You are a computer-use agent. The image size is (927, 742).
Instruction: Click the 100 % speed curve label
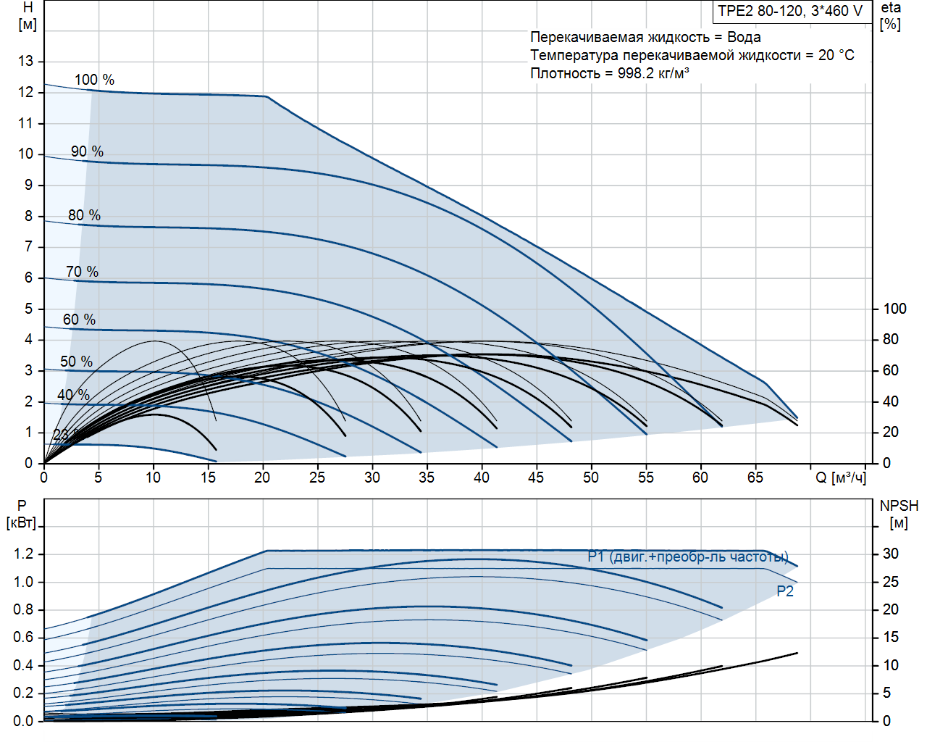click(x=94, y=80)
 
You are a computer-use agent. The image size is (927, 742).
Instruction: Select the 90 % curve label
click(x=87, y=151)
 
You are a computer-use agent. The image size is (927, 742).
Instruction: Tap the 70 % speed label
click(x=82, y=272)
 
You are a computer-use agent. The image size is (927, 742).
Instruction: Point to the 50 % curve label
click(x=76, y=362)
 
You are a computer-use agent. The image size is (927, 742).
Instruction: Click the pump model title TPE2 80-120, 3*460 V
click(x=790, y=11)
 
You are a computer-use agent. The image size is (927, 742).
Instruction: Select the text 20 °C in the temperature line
click(x=836, y=55)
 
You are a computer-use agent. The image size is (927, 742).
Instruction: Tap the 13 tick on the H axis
click(x=26, y=61)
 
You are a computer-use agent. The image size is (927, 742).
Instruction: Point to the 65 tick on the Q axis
click(x=755, y=478)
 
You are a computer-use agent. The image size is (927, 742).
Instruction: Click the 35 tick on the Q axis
click(x=427, y=478)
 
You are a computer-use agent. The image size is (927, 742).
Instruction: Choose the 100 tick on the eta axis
click(x=894, y=309)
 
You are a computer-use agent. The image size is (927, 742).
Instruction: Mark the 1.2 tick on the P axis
click(x=23, y=554)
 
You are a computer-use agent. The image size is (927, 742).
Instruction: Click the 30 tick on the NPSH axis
click(x=890, y=554)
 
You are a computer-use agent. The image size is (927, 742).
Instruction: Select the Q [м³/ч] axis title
click(x=840, y=478)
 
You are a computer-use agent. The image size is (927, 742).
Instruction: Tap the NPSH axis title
click(x=899, y=507)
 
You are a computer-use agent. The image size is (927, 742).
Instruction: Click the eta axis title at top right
click(x=891, y=8)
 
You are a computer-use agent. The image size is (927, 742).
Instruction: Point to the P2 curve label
click(x=785, y=591)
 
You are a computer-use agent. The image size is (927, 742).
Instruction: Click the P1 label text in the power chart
click(x=596, y=556)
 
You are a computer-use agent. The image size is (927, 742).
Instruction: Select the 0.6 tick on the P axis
click(x=23, y=638)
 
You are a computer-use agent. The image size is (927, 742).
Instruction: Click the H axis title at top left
click(x=28, y=8)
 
